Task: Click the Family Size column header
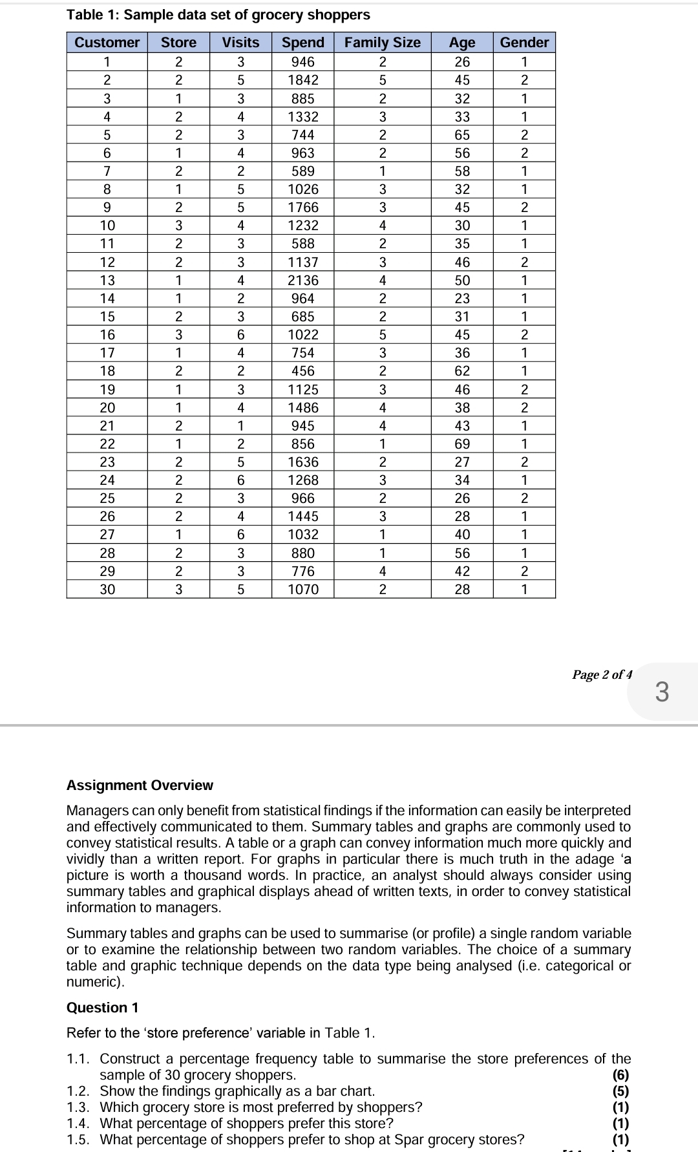(382, 43)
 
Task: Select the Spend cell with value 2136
(302, 281)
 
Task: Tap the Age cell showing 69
(462, 444)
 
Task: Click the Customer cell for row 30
(107, 590)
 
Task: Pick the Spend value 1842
(302, 80)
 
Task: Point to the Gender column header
(524, 43)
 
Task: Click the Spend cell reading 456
(302, 371)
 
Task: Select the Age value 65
(462, 135)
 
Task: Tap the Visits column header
(240, 43)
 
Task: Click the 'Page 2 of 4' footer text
(602, 675)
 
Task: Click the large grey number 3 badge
(662, 692)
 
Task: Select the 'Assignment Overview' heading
(140, 785)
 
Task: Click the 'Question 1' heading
(102, 1007)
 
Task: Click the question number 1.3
(80, 1107)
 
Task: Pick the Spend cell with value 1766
(302, 208)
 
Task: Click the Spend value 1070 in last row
(302, 590)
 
